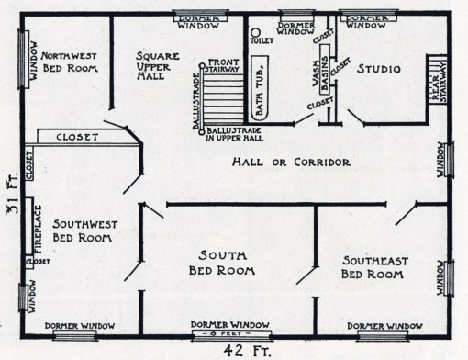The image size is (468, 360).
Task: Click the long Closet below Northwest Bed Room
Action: pyautogui.click(x=79, y=136)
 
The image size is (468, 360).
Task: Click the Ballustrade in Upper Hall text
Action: pyautogui.click(x=240, y=136)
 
